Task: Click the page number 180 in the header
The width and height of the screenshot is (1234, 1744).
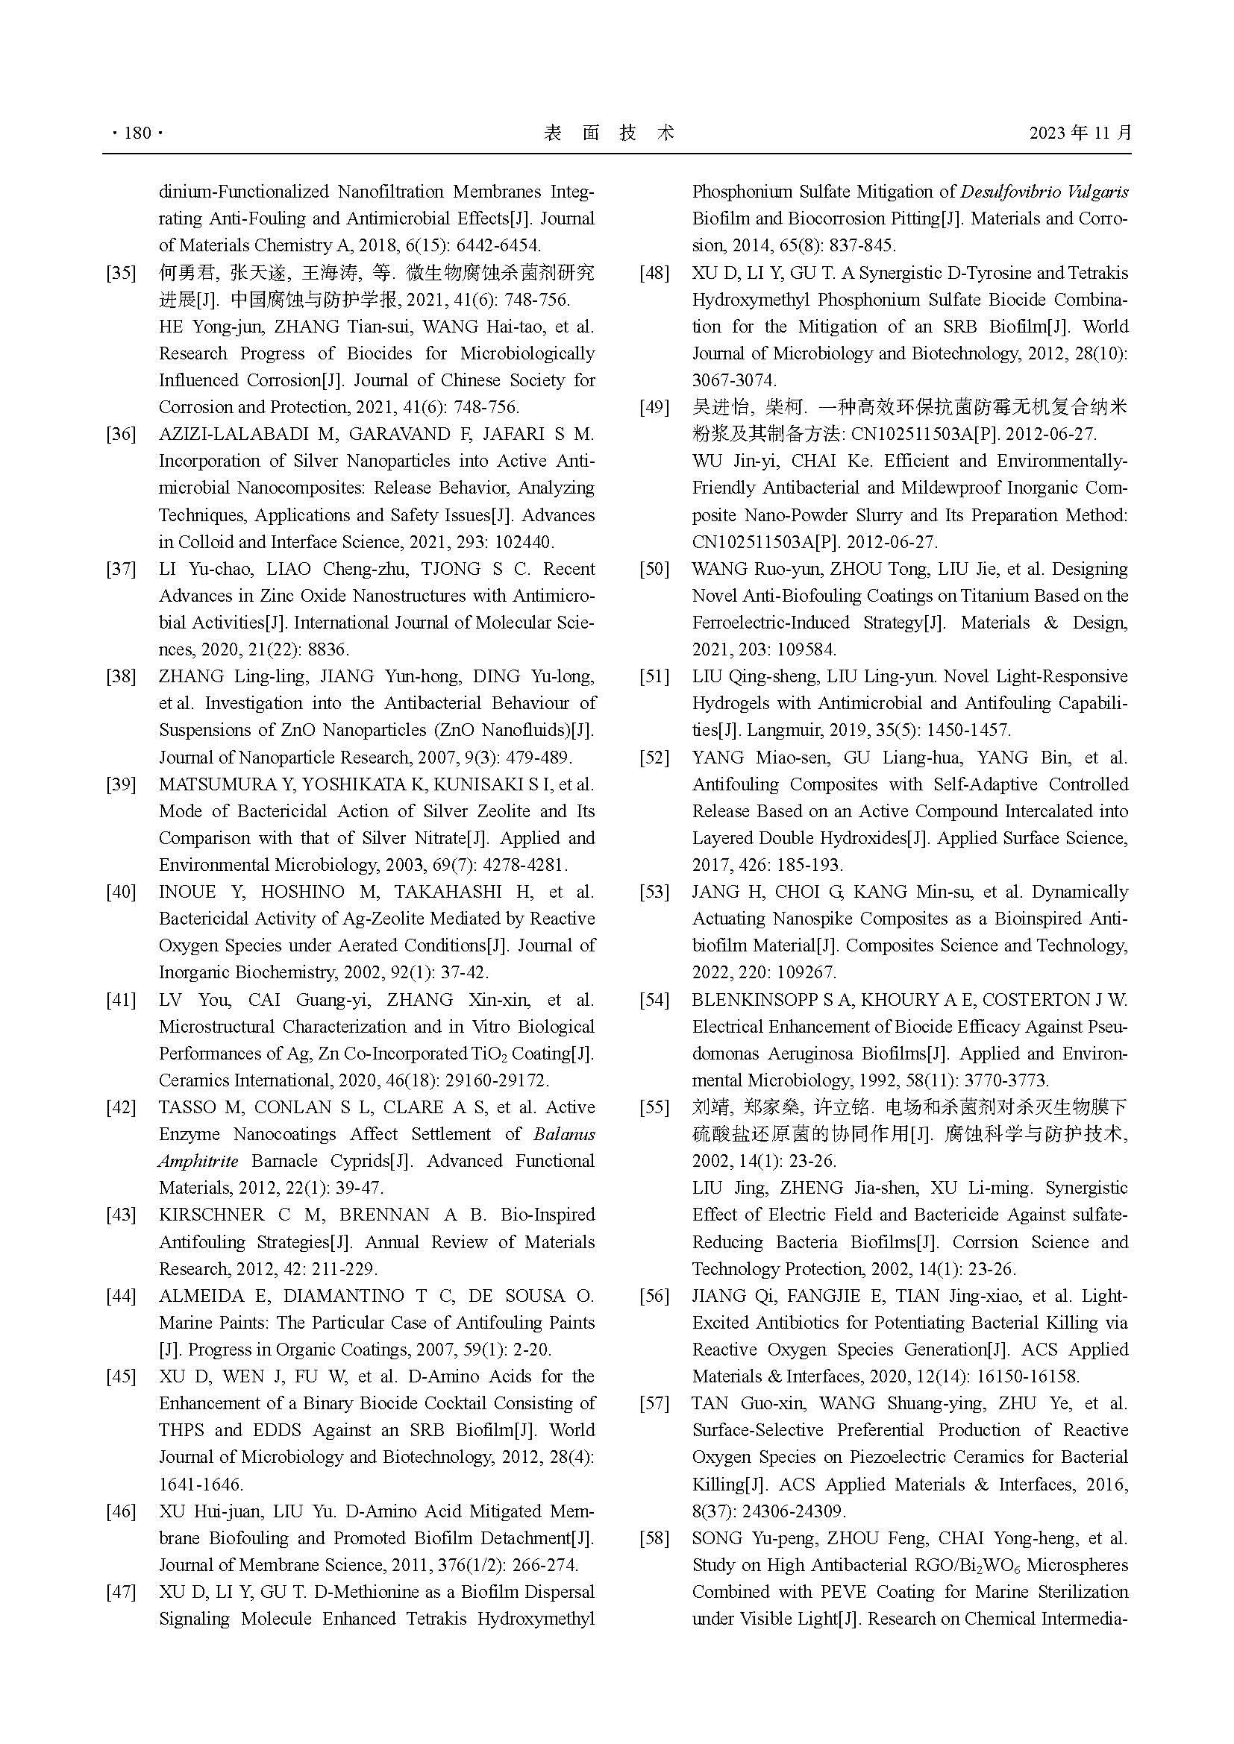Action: (137, 133)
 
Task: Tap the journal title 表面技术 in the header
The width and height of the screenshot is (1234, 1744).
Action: (610, 133)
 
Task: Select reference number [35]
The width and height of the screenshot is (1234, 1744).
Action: (121, 274)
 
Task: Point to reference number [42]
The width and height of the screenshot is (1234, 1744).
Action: (121, 1107)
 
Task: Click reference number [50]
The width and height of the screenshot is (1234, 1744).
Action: (654, 569)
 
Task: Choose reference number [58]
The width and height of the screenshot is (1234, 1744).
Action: (654, 1538)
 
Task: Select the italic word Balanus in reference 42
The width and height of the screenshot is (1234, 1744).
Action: (564, 1134)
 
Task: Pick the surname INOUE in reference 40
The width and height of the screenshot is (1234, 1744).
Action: (187, 892)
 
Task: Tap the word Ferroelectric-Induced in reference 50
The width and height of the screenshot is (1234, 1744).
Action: (771, 623)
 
